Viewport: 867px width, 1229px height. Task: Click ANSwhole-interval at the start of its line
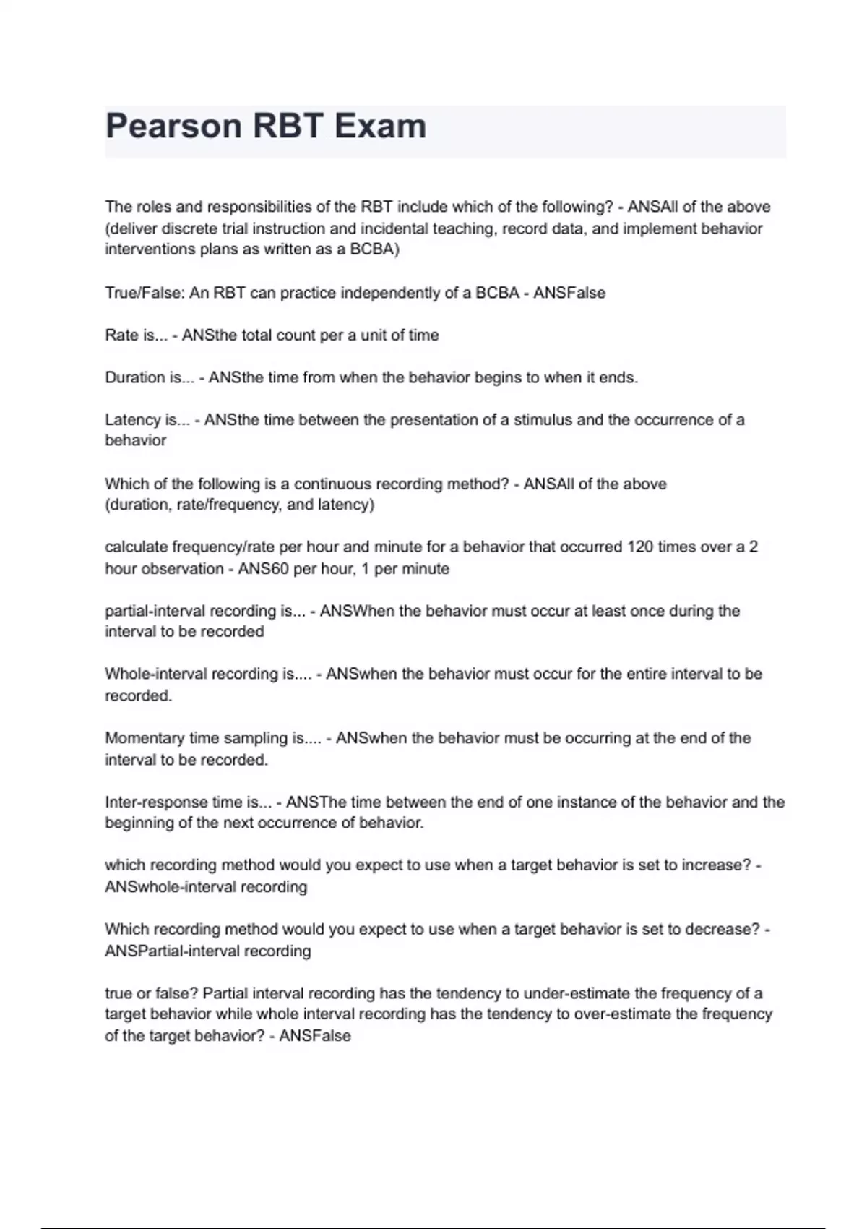point(171,887)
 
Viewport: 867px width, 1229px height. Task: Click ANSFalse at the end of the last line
point(315,1036)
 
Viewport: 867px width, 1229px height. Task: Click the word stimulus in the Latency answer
point(543,420)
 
